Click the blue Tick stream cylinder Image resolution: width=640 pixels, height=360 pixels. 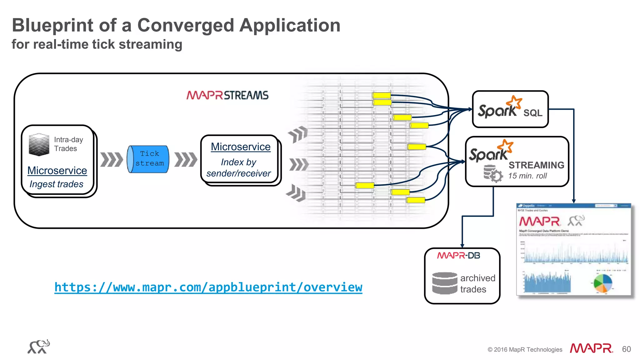pos(148,159)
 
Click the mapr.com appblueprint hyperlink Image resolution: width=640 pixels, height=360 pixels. pos(208,287)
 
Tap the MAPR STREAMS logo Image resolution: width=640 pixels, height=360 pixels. pos(227,95)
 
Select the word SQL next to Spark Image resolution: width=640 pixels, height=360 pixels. pos(533,113)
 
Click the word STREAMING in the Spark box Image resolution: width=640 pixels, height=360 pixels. pos(536,165)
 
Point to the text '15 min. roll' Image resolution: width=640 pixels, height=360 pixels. pos(527,176)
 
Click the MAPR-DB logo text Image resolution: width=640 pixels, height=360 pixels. pos(458,256)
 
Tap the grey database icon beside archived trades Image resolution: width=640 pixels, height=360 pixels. pos(445,283)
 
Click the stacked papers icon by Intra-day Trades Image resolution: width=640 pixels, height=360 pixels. pos(39,145)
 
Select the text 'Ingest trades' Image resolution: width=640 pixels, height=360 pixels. pos(56,184)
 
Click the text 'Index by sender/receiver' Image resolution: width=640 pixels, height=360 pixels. pos(239,168)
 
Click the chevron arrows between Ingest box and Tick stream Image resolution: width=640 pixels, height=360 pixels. pos(111,159)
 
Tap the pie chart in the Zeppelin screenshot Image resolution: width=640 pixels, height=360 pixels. pos(603,283)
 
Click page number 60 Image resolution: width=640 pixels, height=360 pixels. pos(626,349)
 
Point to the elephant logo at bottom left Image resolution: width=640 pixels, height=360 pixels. pos(39,347)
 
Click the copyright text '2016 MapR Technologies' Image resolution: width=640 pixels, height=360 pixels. pos(527,349)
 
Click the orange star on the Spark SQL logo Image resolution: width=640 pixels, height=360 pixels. pos(514,102)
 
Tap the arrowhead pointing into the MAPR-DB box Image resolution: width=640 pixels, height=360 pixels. pos(462,246)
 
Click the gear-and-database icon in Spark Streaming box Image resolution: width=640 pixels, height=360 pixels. pos(493,174)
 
